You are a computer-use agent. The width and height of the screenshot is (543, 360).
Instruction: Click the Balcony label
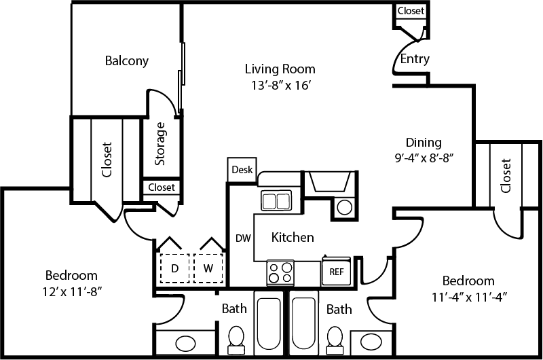click(126, 60)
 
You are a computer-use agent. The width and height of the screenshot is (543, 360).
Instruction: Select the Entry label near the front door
click(414, 59)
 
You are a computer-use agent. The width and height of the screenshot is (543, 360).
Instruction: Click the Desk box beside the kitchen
click(241, 170)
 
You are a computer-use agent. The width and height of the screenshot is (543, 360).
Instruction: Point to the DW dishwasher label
click(243, 238)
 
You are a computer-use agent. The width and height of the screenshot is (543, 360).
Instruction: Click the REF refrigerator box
click(337, 271)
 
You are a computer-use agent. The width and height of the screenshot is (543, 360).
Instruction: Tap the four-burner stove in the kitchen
click(280, 272)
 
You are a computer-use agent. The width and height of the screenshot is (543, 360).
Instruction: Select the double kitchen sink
click(276, 201)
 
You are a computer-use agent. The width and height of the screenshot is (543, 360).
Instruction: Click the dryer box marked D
click(174, 268)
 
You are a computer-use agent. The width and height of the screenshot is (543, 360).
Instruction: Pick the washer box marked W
click(208, 268)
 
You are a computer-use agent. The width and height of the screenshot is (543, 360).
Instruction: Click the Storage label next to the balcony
click(160, 143)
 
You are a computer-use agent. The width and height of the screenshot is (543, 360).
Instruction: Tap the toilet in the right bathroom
click(334, 338)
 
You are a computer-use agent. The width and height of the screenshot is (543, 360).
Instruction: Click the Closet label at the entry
click(411, 11)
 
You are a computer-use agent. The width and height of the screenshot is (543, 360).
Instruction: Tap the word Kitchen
click(293, 237)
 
